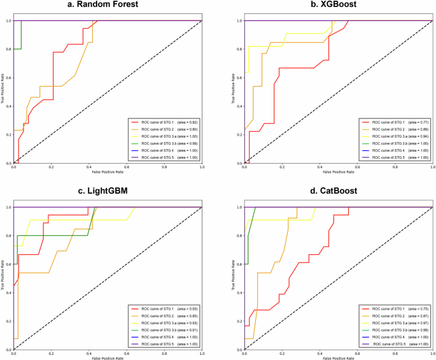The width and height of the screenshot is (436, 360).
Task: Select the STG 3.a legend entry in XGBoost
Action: [395, 139]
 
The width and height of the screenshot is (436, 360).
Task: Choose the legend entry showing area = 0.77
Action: [395, 121]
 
